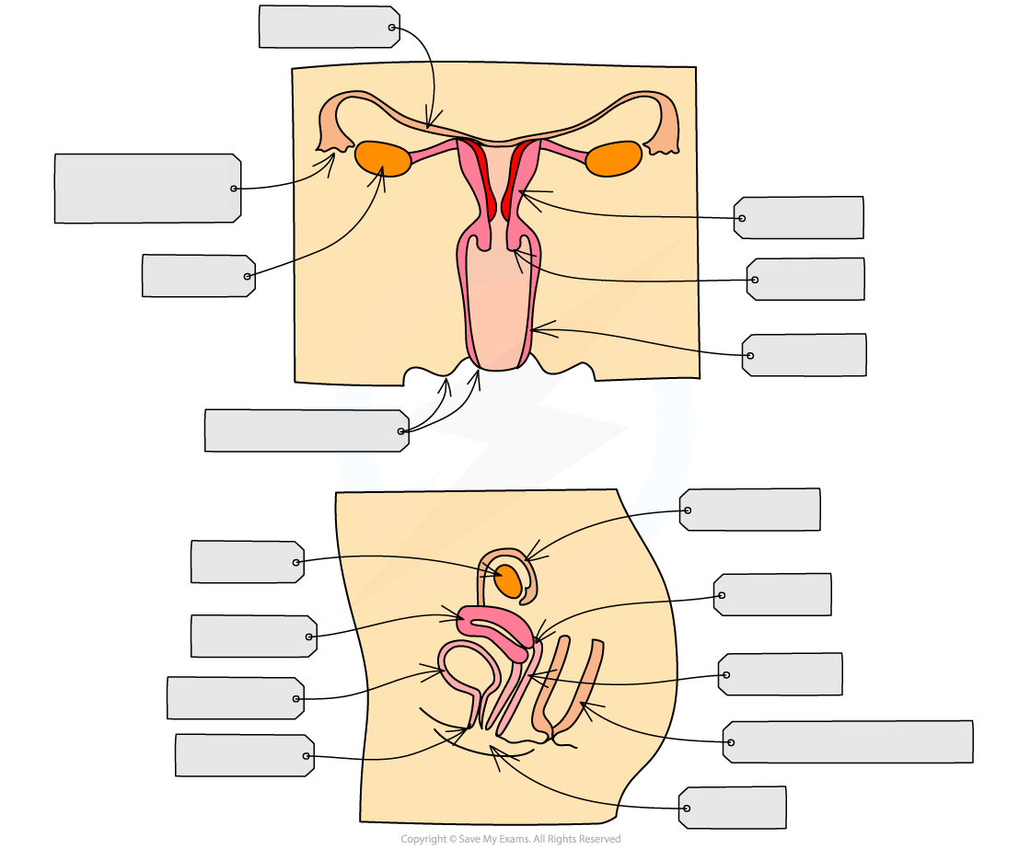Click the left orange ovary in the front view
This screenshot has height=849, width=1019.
click(383, 158)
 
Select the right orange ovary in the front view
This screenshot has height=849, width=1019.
click(613, 159)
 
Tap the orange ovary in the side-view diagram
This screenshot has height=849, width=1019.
click(509, 581)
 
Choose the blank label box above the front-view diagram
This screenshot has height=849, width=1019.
click(329, 27)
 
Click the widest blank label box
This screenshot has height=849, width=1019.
click(848, 741)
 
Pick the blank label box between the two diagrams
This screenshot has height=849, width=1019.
click(307, 430)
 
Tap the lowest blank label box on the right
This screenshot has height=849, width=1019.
click(733, 808)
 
